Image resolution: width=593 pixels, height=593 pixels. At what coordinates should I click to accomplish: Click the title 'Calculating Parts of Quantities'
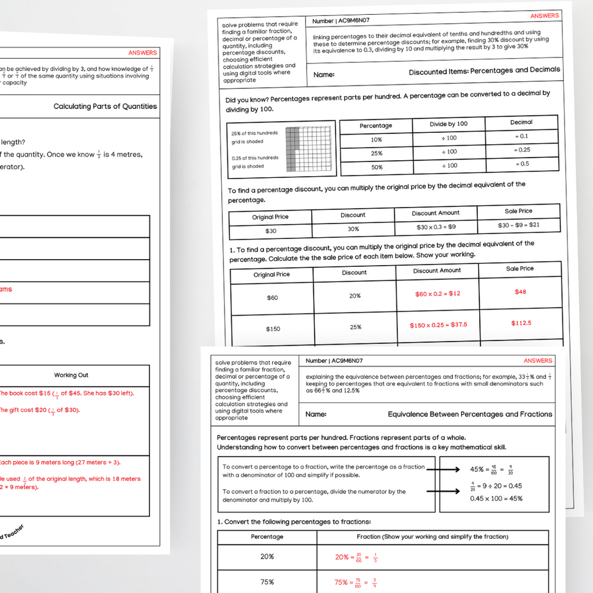105,107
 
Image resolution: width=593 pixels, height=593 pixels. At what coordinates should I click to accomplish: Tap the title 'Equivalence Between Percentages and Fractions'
470,415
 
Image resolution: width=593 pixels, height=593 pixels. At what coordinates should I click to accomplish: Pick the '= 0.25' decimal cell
522,150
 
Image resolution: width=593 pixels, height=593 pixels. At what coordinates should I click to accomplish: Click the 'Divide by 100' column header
448,124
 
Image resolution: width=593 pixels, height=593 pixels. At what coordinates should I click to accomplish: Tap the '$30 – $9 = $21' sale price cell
519,225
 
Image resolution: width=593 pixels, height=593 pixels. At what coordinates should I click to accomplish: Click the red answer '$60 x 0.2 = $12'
438,294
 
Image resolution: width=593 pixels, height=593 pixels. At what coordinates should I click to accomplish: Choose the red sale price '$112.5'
521,323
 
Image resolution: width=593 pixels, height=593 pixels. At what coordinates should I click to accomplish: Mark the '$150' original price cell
273,329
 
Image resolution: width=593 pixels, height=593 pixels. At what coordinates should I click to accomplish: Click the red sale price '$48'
520,292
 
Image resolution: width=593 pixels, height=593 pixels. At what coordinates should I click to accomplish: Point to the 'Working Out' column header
71,375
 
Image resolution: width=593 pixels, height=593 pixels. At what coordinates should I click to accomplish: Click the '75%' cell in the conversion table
267,582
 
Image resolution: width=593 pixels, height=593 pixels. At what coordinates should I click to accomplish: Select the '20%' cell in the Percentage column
267,557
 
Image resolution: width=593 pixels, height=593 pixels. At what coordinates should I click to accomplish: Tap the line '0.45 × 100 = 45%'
496,498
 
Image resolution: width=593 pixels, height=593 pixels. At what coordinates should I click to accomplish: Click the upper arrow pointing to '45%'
444,470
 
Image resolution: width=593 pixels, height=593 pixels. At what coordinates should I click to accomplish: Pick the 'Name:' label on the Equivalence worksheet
315,415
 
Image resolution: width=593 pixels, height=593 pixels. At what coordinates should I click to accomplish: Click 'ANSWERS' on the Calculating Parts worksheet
142,53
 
